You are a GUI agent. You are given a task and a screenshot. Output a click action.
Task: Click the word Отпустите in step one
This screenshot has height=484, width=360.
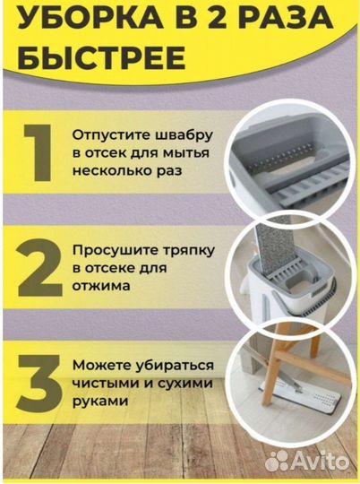pyautogui.click(x=113, y=134)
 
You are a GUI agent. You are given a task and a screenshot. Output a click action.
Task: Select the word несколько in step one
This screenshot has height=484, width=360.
pyautogui.click(x=113, y=170)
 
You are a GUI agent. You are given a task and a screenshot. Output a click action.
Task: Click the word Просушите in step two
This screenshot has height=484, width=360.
pyautogui.click(x=116, y=250)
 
